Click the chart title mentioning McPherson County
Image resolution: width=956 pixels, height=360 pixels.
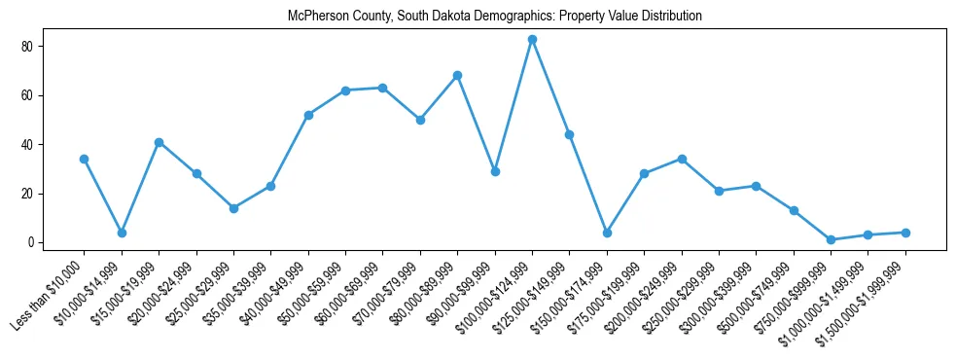pyautogui.click(x=495, y=17)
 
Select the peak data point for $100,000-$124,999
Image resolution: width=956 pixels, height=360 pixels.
pyautogui.click(x=532, y=40)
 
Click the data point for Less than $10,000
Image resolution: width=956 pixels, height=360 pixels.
pyautogui.click(x=85, y=159)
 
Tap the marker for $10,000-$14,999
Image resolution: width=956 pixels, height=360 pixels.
pyautogui.click(x=122, y=233)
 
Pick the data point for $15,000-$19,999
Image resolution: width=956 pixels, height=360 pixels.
pyautogui.click(x=159, y=142)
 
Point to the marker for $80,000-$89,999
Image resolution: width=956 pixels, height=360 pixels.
pyautogui.click(x=457, y=76)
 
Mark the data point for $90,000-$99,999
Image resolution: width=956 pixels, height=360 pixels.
pyautogui.click(x=495, y=171)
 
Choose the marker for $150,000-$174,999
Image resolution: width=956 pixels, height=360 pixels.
pyautogui.click(x=607, y=233)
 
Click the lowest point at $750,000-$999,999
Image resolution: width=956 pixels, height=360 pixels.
pyautogui.click(x=831, y=239)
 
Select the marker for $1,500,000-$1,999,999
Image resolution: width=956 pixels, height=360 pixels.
pyautogui.click(x=905, y=233)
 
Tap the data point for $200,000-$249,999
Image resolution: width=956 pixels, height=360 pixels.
pyautogui.click(x=682, y=159)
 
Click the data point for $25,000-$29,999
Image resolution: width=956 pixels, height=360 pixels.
pyautogui.click(x=233, y=208)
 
